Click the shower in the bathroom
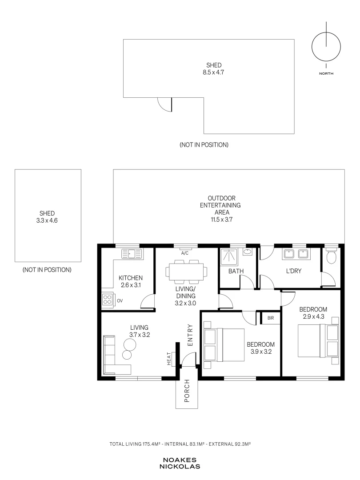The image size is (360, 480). pos(229,257)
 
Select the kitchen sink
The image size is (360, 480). pos(132,254)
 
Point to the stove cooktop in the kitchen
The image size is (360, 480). pos(108,300)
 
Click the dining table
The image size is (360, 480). pos(186,272)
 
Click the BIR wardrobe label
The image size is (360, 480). pos(271,318)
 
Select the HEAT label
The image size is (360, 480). pos(169,359)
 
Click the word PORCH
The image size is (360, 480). pos(187,391)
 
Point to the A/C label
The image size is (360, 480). pos(184,253)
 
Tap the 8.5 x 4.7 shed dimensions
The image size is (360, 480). pos(213,72)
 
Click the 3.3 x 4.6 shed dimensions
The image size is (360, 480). pos(47,220)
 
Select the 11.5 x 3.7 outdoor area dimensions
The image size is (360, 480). pos(222,220)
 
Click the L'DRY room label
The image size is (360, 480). pos(294,271)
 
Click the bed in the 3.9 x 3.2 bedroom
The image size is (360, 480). pos(224,345)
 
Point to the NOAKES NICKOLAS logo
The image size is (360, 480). pos(180,463)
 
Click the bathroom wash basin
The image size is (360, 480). pos(248,252)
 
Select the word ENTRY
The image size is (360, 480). pos(190,335)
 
